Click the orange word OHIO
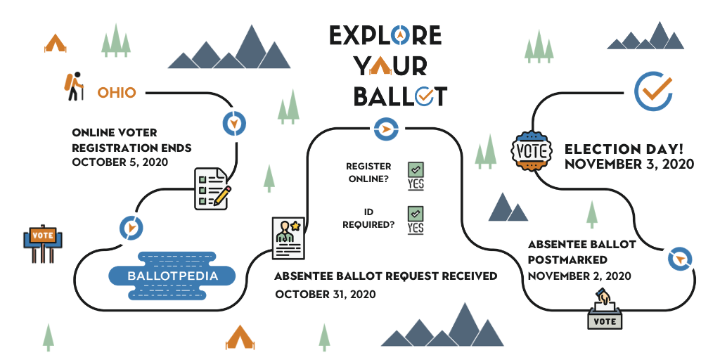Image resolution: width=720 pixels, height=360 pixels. click(x=117, y=93)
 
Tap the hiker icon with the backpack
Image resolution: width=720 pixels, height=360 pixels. click(x=73, y=86)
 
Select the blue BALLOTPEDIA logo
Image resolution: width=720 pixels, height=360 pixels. click(x=172, y=276)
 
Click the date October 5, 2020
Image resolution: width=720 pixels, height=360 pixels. click(x=120, y=162)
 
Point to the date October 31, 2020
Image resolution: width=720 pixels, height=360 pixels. click(x=325, y=294)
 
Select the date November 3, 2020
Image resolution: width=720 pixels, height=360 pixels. click(x=629, y=164)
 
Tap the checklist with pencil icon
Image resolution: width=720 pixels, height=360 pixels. click(x=212, y=188)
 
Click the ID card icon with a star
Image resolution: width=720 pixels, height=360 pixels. click(x=288, y=238)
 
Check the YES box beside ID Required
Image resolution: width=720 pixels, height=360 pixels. click(x=416, y=220)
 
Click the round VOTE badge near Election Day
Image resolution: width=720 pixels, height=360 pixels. click(x=532, y=151)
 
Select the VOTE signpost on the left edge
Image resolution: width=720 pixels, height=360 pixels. click(x=43, y=243)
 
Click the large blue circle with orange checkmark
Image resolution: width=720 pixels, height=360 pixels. click(x=653, y=91)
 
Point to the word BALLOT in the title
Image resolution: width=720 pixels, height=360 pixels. click(x=400, y=96)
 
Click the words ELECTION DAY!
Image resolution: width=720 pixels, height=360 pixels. click(x=624, y=149)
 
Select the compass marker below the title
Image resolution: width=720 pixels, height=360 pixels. click(x=386, y=129)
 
